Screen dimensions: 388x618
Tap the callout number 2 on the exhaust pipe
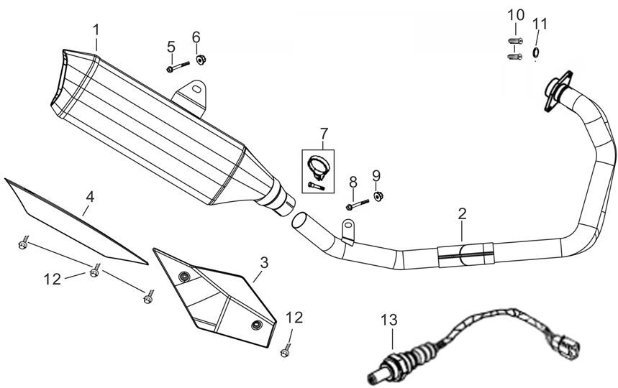click(x=462, y=213)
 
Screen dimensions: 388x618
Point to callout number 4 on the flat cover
click(x=90, y=195)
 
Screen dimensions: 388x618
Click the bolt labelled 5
click(x=176, y=68)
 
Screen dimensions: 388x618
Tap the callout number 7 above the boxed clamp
click(x=324, y=133)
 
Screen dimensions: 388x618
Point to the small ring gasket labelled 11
click(x=535, y=52)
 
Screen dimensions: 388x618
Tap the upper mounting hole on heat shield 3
click(x=186, y=277)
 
